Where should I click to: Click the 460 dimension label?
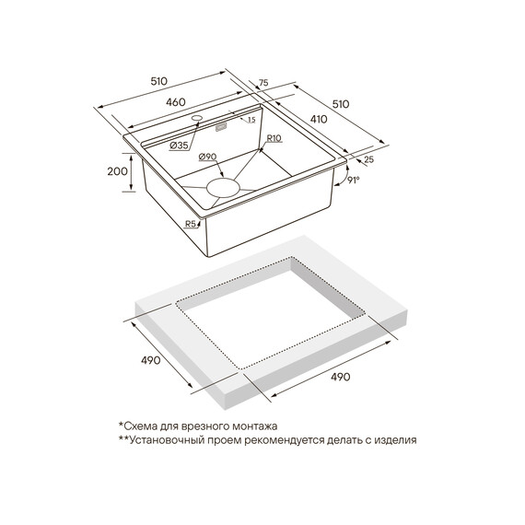175,102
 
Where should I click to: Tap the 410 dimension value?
319,119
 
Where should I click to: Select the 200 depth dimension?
117,171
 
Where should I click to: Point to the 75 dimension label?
263,83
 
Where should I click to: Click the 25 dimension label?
368,159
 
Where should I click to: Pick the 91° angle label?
354,181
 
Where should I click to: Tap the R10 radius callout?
274,138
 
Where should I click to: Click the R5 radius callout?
191,224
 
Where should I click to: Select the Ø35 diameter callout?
179,146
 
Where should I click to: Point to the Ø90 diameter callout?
207,157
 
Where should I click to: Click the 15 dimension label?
251,120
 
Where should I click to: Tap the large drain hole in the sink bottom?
223,188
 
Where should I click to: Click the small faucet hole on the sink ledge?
197,118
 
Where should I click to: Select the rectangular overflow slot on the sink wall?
221,127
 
